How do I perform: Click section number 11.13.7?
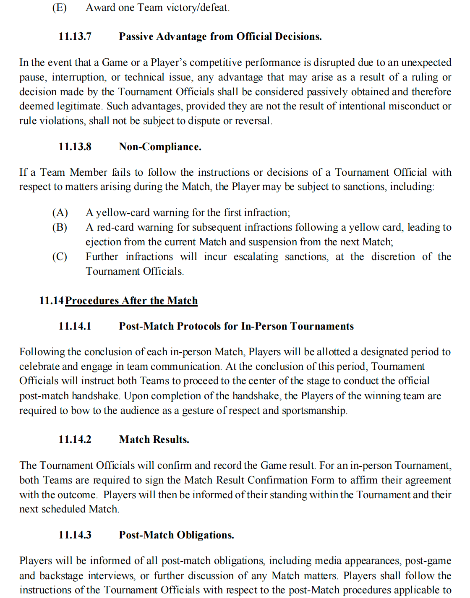(75, 36)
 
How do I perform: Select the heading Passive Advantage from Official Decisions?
(220, 36)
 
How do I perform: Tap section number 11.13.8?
(75, 147)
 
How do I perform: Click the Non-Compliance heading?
(160, 147)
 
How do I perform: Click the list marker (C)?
(60, 257)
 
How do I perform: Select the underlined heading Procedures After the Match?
(131, 301)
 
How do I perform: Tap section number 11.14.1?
(75, 326)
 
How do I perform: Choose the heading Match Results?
(154, 439)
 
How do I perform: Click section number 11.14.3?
(75, 535)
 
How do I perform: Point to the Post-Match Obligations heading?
(176, 535)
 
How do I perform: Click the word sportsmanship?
(314, 411)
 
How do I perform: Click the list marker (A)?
(60, 213)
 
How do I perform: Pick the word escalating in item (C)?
(256, 257)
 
